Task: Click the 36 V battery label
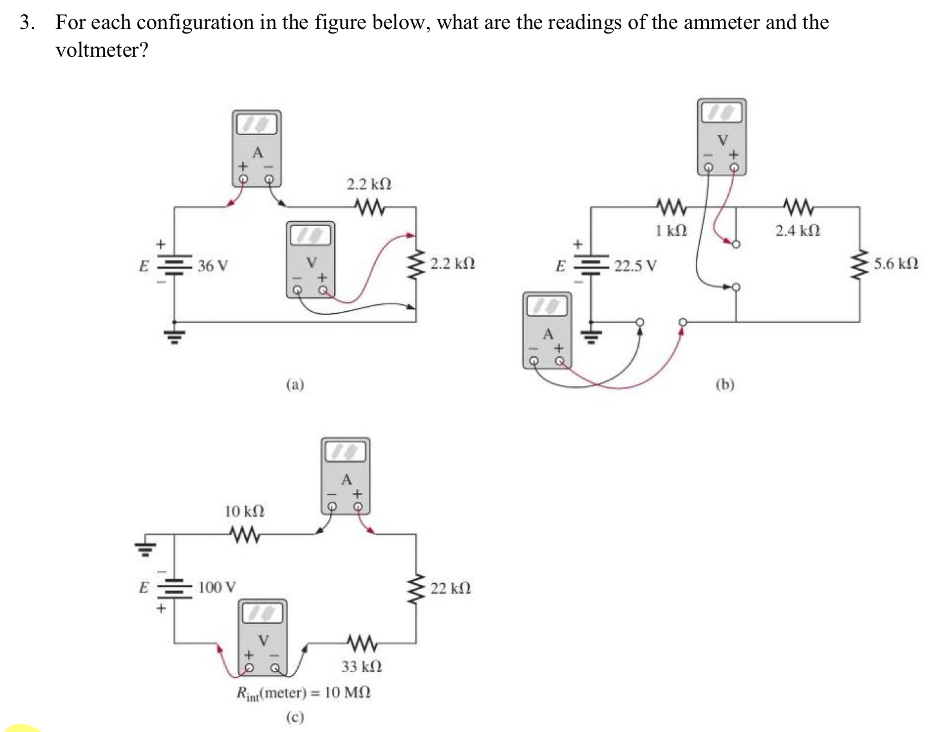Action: pos(212,265)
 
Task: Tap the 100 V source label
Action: pos(216,588)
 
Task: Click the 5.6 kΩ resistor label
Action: pos(896,264)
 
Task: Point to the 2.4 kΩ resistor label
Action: pos(797,230)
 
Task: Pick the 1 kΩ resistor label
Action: pos(671,230)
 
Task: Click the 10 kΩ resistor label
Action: pos(244,511)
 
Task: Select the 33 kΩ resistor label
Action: pos(361,666)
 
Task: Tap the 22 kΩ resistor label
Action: pos(450,588)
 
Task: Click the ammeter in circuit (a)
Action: pos(257,148)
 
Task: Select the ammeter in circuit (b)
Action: pos(547,331)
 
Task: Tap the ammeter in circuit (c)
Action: pos(346,476)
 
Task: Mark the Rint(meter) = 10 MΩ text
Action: pos(303,693)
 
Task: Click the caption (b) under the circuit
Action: pos(724,385)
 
